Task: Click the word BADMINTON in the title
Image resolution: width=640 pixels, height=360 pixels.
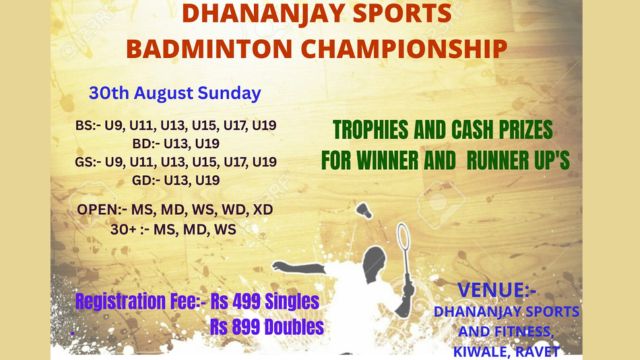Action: pos(209,49)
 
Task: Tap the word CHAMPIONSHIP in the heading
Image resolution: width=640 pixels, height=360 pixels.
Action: pos(404,49)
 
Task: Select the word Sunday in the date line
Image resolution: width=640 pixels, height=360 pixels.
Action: pos(229,93)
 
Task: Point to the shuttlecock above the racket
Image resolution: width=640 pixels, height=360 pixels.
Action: pos(364,210)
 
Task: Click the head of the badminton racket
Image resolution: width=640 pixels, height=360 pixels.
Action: pos(403,236)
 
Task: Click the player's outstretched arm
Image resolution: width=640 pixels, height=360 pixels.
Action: pos(299,267)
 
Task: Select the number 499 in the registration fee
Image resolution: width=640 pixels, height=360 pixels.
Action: pos(246,302)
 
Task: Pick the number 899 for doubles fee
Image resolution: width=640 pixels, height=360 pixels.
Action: pos(246,327)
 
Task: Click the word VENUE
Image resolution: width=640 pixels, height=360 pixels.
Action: pos(491,290)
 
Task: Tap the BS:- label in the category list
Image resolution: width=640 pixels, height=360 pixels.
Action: pos(87,125)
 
